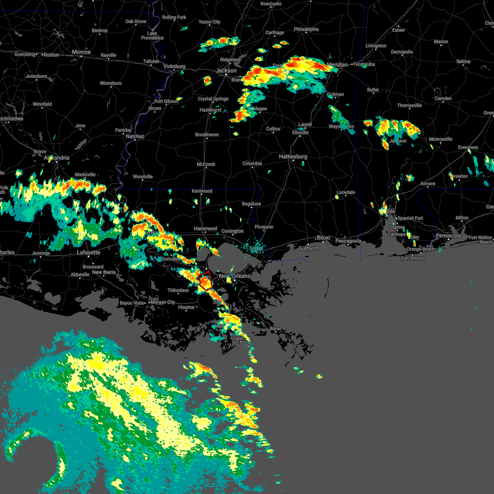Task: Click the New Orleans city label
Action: point(235,276)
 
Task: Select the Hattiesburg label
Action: point(293,157)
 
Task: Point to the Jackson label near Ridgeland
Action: point(226,70)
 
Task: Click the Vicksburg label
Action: point(175,66)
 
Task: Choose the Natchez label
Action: point(135,136)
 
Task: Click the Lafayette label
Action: point(89,252)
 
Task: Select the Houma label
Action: point(186,307)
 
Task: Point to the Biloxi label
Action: point(324,238)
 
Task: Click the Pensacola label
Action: point(448,236)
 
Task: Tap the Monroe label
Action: point(81,52)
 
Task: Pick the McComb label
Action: point(206,164)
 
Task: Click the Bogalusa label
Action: point(251,204)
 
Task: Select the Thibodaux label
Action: point(178,290)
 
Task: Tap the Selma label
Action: point(463,61)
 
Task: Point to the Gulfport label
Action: point(308,248)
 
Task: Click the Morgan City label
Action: point(163,302)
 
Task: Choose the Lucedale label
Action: point(346,192)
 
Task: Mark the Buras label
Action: point(275,329)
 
